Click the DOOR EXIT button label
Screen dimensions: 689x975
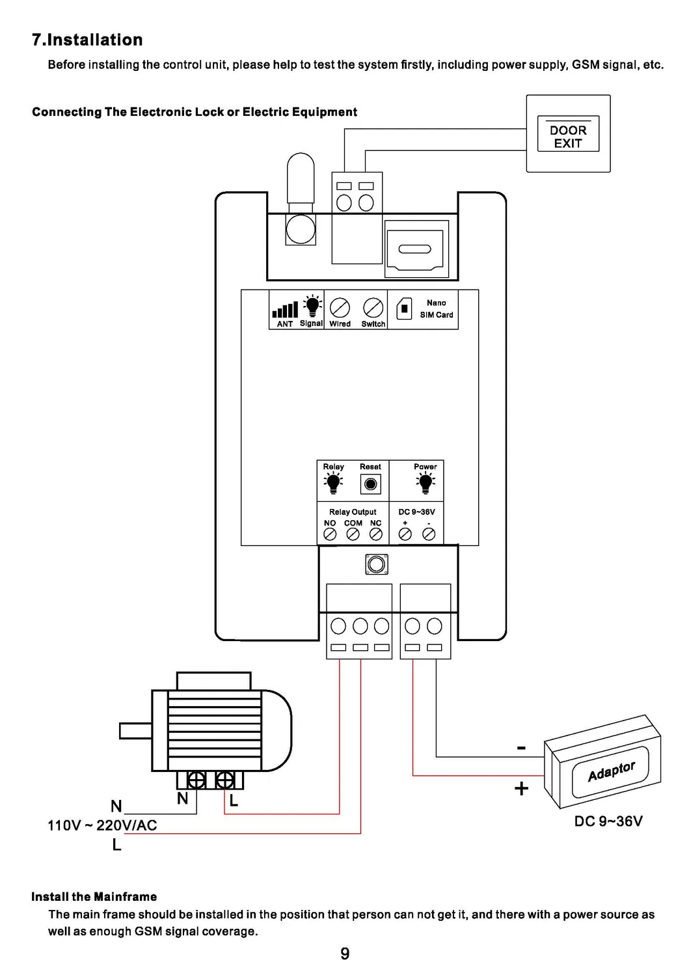(x=567, y=137)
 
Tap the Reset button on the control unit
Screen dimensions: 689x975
(x=371, y=484)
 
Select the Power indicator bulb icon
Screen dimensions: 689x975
(x=425, y=483)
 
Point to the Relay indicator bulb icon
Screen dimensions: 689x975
(x=333, y=483)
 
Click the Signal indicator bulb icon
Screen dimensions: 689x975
(x=312, y=305)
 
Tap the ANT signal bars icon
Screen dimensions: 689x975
(x=286, y=309)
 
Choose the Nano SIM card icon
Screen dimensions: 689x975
(x=404, y=309)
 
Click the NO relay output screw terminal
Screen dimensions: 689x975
(x=330, y=534)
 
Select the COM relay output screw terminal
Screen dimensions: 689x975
(x=353, y=534)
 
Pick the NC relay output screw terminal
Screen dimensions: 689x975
(x=376, y=534)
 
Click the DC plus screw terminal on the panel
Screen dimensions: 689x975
(x=405, y=534)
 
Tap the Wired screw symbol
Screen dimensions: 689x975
(x=340, y=308)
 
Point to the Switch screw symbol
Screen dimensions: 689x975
(x=373, y=308)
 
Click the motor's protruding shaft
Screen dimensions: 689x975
(x=136, y=731)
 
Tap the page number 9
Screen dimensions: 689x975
(x=345, y=954)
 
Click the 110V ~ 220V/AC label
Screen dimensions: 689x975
(x=102, y=825)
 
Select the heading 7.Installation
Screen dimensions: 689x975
(x=87, y=40)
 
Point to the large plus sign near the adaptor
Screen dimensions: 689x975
(x=521, y=788)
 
